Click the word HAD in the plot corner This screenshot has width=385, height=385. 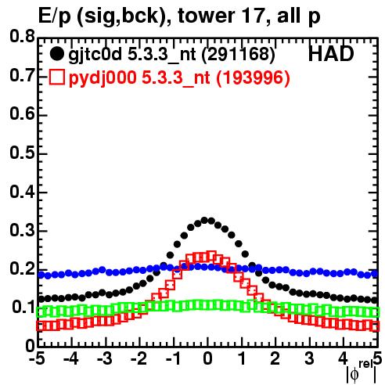click(x=331, y=54)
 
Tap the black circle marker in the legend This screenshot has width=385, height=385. click(x=56, y=54)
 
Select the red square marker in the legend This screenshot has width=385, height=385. click(x=56, y=77)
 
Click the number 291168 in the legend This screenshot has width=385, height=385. click(x=239, y=54)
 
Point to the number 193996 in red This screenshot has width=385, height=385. click(x=254, y=77)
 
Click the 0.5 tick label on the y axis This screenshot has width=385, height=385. click(x=23, y=153)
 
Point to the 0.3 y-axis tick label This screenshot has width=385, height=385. click(x=23, y=230)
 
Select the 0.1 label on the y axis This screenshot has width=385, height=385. click(x=23, y=307)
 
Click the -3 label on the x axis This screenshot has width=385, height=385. click(x=105, y=358)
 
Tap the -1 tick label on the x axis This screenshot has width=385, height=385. click(x=173, y=358)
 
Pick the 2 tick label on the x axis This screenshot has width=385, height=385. click(x=275, y=358)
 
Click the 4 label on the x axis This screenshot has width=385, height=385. click(x=343, y=358)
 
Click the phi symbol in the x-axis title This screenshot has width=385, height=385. click(x=354, y=375)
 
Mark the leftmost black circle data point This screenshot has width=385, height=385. click(x=41, y=299)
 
